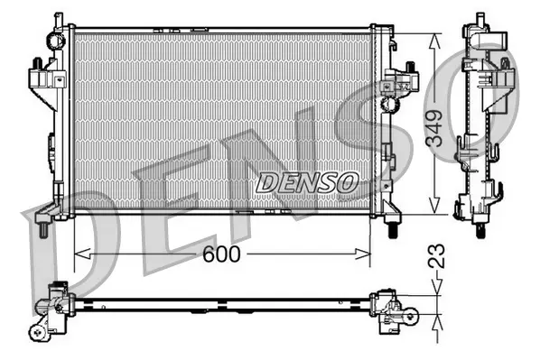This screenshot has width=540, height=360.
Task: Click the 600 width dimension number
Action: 221,255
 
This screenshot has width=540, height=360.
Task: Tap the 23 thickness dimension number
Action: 437,256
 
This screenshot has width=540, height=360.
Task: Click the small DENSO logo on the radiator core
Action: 307,182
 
